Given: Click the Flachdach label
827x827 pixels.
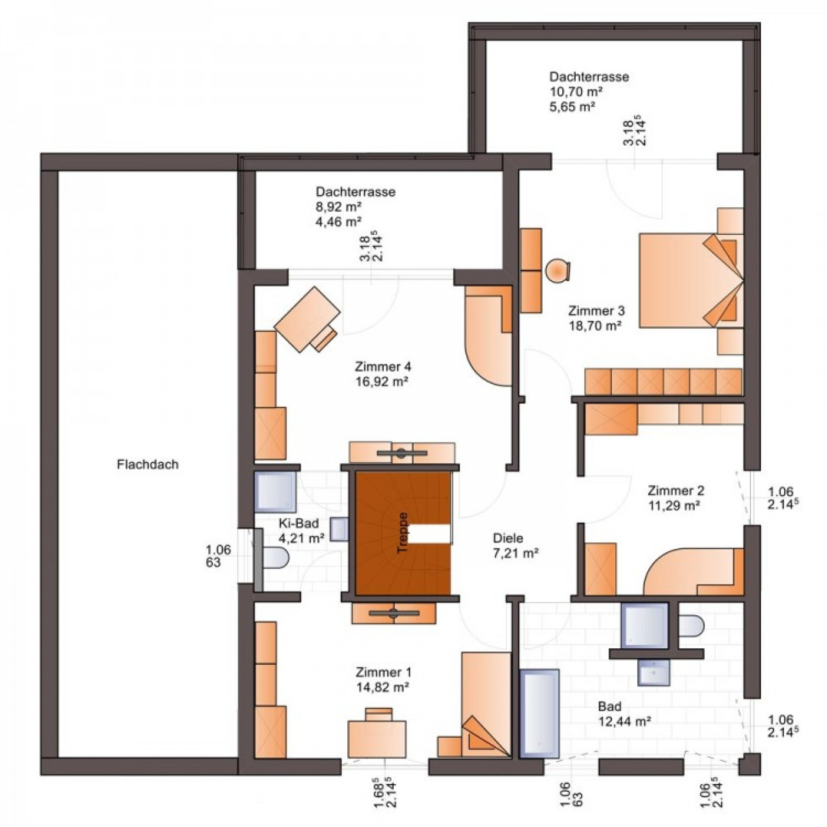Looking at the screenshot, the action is pos(147,464).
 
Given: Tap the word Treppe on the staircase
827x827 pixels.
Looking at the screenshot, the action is pos(403,532).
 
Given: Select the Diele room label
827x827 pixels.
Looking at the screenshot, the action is pos(508,538).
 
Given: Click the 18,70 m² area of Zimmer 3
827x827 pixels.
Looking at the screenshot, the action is pos(595,326).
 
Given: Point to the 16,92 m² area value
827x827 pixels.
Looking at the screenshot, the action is pos(382,382).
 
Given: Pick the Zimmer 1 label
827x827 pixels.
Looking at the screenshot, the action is pos(383,672).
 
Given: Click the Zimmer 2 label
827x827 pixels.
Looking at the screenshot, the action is pos(676,490).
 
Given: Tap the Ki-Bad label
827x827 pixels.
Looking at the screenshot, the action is pos(299,523).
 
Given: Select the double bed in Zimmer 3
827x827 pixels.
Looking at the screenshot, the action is pos(691,280).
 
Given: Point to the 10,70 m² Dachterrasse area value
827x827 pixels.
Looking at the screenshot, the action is pos(576,91).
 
